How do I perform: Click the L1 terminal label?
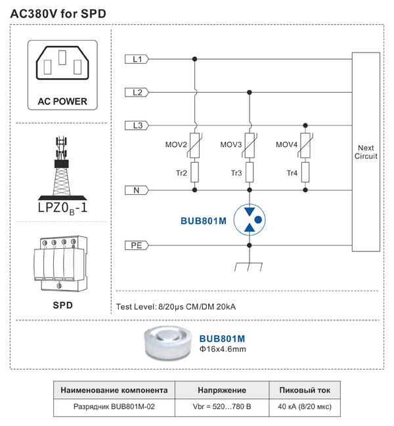click(137, 59)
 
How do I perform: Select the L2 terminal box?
click(137, 92)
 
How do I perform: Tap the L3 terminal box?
click(137, 125)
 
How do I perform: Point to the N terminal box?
click(137, 190)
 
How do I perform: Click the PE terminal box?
click(137, 245)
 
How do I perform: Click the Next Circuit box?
click(366, 152)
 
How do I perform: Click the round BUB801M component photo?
click(168, 341)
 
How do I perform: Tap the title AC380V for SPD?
click(58, 14)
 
